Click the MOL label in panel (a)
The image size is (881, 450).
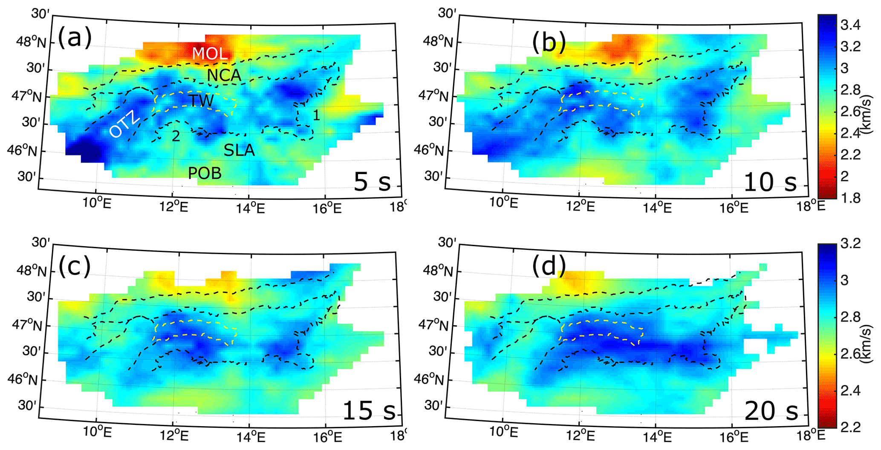210,53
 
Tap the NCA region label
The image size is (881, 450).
224,76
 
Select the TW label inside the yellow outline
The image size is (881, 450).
201,101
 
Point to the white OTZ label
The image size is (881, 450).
124,124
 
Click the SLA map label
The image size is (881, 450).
239,150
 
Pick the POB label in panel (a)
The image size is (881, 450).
205,173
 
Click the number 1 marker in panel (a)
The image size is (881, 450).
316,115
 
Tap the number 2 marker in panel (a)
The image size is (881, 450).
176,136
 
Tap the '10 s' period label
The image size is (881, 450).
770,182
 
